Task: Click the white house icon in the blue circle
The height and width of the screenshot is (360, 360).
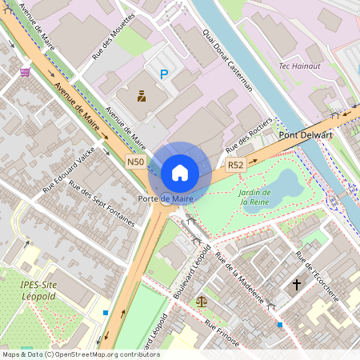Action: point(180,172)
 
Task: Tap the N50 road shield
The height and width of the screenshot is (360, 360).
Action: point(135,162)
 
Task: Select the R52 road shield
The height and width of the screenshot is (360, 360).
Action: point(234,165)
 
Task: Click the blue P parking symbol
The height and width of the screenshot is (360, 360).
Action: point(165,74)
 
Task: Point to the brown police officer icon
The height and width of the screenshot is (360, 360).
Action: point(142,97)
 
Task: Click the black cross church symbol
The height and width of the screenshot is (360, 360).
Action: point(297,284)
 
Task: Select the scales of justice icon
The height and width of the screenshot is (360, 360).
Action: point(200,305)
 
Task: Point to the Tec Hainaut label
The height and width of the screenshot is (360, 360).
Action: point(300,66)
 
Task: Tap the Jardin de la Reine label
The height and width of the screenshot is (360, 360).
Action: point(256,197)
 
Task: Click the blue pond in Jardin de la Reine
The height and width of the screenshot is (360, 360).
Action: point(286,185)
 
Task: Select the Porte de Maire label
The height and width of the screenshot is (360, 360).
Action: point(166,198)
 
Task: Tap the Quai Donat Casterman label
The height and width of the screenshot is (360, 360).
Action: point(228,59)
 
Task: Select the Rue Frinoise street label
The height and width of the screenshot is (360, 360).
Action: point(222,334)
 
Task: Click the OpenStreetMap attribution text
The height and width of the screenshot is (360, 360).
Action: point(80,354)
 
